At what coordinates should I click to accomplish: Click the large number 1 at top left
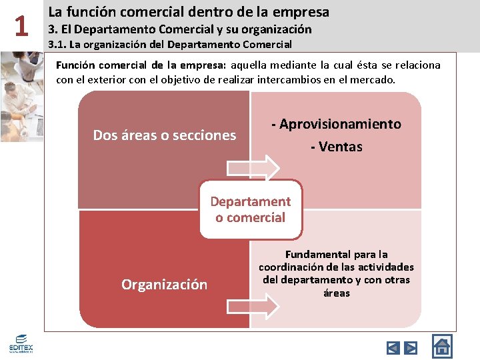click(21, 27)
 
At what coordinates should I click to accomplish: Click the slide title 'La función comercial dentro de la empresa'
click(189, 12)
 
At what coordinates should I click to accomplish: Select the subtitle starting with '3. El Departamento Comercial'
click(180, 29)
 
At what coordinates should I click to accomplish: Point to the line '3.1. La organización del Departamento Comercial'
click(170, 45)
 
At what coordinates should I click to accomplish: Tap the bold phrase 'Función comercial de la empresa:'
click(141, 65)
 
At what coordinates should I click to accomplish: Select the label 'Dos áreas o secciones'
click(164, 135)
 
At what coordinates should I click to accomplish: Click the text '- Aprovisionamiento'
click(337, 124)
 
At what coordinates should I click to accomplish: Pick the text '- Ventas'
click(337, 147)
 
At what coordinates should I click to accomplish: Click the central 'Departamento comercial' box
click(251, 209)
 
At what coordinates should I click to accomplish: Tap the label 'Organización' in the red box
click(164, 285)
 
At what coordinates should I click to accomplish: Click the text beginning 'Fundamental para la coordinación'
click(336, 273)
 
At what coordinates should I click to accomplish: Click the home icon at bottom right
click(441, 346)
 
